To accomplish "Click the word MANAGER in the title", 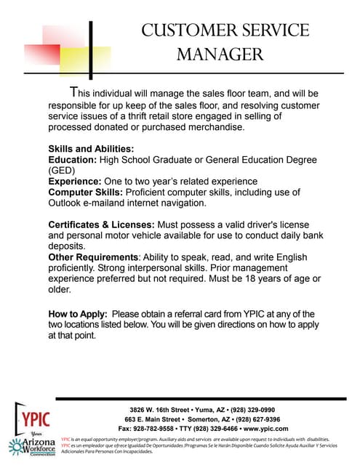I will [220, 54].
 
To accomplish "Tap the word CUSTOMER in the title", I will [183, 31].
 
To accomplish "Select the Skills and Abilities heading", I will [91, 149].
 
